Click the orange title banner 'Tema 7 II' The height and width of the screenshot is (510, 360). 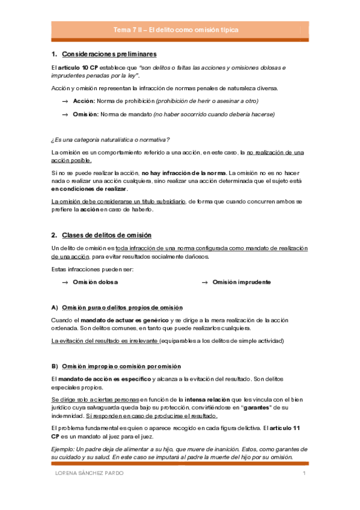click(x=180, y=29)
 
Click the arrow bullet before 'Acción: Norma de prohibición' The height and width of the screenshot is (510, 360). click(x=64, y=101)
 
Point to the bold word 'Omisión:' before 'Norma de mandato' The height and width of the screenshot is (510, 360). click(x=85, y=114)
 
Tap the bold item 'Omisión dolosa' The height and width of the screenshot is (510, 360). click(x=95, y=282)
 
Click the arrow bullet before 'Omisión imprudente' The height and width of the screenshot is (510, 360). click(x=204, y=282)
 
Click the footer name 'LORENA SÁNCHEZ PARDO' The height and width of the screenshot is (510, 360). click(x=86, y=474)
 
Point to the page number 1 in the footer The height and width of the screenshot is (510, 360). click(x=305, y=474)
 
